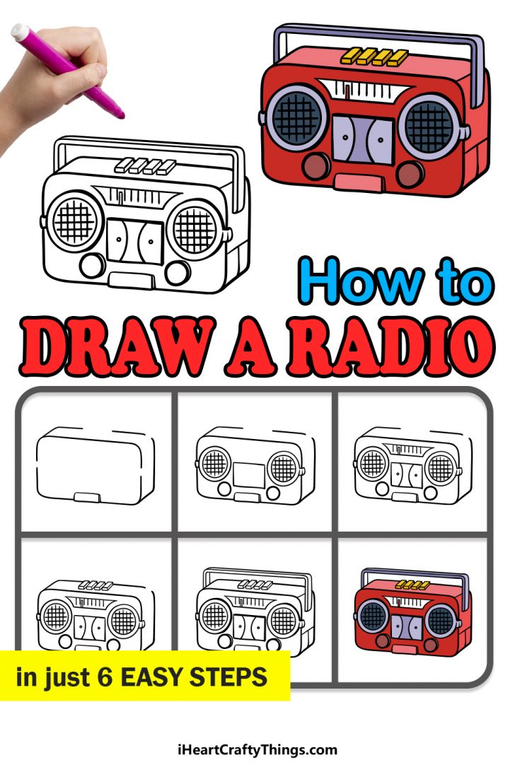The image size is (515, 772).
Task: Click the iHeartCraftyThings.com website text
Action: point(257,750)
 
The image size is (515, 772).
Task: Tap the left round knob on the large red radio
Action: point(315,166)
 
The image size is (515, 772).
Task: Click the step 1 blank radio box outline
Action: point(96,467)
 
